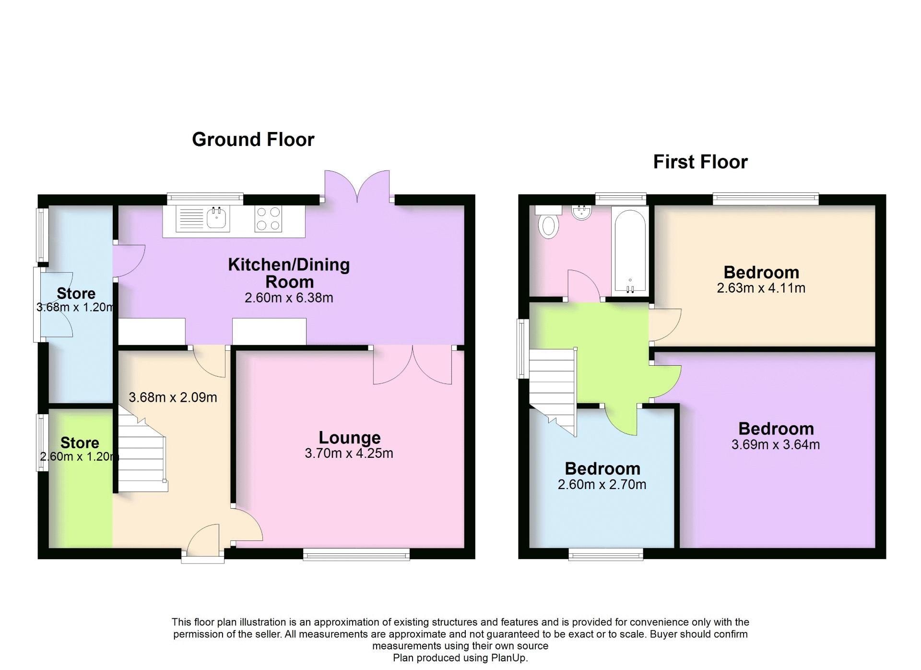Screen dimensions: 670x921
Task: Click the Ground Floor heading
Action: point(253,140)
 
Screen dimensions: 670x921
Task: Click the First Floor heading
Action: point(700,162)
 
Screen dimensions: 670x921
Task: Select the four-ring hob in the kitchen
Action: point(268,219)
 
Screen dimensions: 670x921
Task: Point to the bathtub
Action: point(630,251)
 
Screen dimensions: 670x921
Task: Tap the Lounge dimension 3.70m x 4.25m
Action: point(349,453)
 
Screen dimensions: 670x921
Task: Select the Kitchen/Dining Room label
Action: point(289,273)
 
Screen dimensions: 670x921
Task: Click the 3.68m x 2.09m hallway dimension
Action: point(173,397)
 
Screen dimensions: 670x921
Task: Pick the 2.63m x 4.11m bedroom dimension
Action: point(761,288)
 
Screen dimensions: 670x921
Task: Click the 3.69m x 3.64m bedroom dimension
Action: point(775,444)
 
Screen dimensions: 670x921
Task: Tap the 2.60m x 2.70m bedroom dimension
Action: point(602,485)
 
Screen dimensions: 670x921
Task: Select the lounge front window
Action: point(356,555)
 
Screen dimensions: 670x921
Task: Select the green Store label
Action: point(80,443)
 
